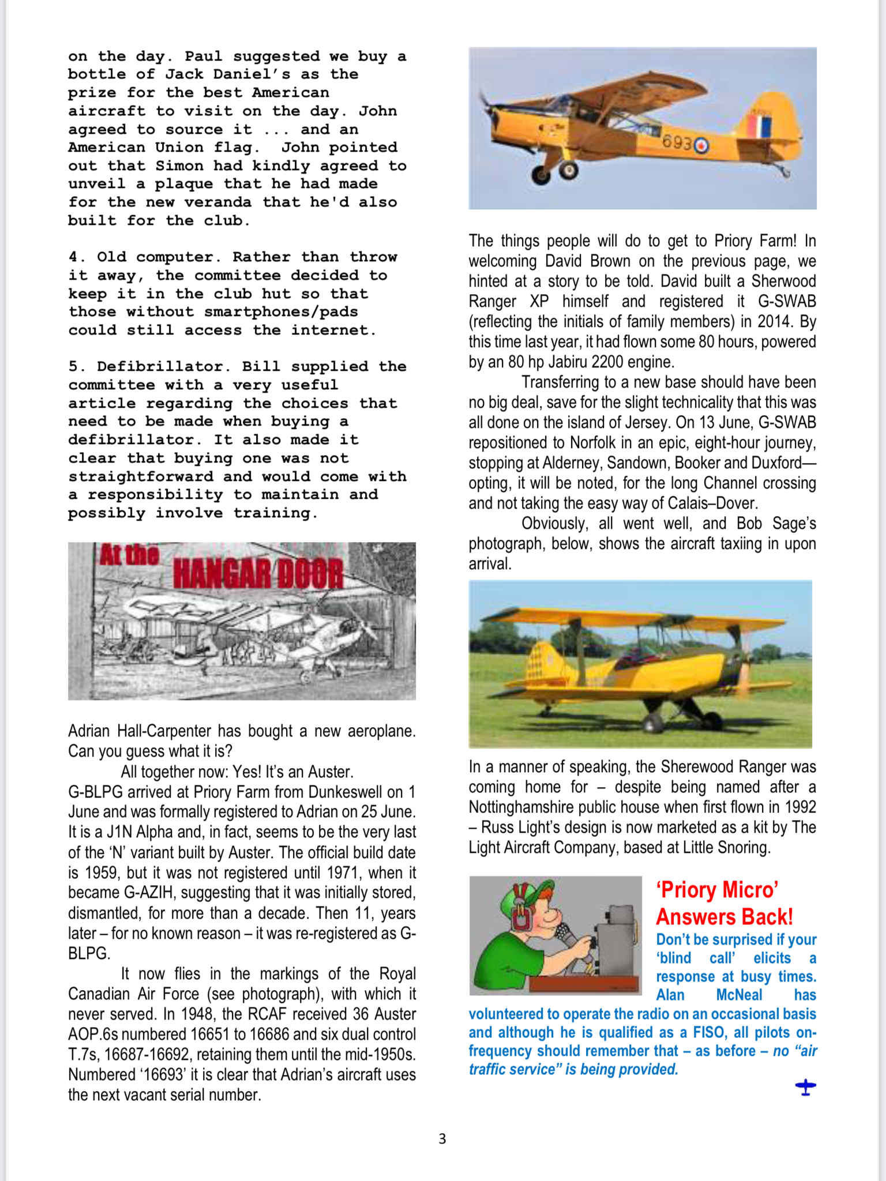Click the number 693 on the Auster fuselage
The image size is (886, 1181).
point(675,142)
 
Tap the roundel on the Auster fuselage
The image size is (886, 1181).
point(701,145)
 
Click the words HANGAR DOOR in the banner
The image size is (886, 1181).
point(258,572)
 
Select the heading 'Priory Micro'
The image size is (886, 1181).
point(717,890)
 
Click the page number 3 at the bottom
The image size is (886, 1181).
point(442,1139)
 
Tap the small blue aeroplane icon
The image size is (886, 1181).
point(805,1088)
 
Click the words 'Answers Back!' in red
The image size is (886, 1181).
point(724,917)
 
